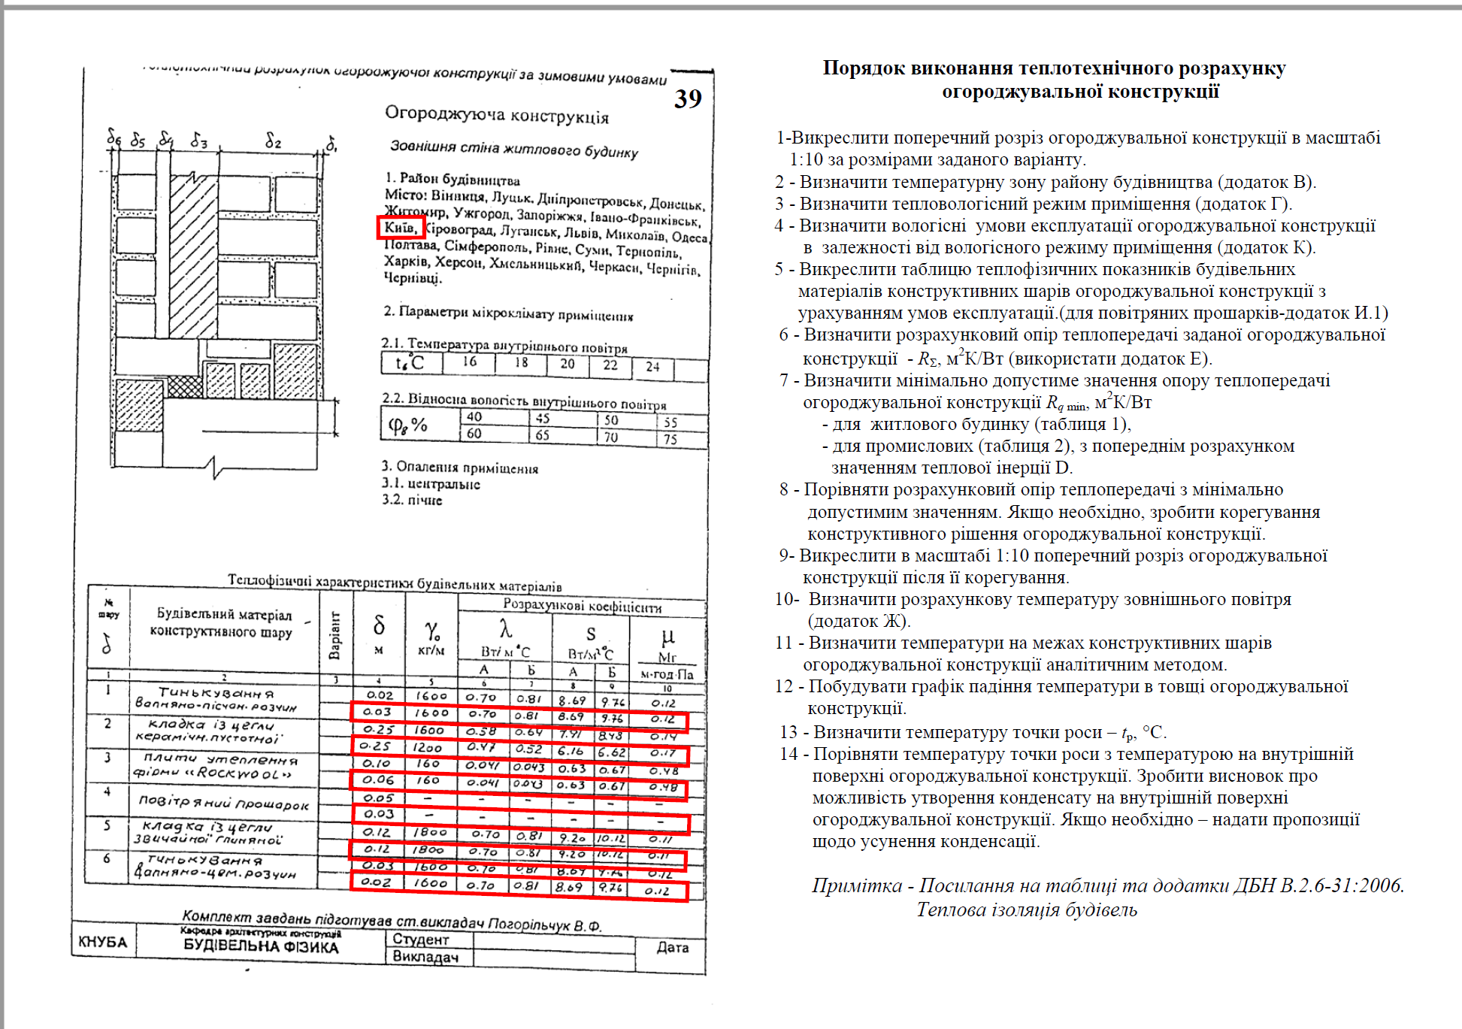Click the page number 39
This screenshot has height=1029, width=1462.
point(688,98)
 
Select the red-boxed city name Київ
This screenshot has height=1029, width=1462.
point(400,227)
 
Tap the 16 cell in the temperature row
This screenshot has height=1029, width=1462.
point(470,362)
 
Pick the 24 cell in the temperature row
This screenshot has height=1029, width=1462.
point(652,367)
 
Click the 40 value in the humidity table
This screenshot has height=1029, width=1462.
point(474,416)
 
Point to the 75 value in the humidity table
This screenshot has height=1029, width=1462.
point(670,440)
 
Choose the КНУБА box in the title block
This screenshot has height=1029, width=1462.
point(103,942)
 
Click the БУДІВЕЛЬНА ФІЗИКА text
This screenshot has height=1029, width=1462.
point(261,946)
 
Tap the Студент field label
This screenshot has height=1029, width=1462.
point(421,940)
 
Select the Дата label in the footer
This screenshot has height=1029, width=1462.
point(672,947)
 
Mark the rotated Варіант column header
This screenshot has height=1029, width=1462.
point(335,635)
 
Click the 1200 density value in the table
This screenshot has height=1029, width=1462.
point(427,747)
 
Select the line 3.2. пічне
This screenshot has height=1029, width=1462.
point(412,500)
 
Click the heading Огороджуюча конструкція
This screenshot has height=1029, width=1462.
point(497,115)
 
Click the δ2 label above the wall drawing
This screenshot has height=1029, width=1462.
point(273,141)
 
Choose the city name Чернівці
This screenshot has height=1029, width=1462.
point(413,278)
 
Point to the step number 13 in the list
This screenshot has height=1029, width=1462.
point(789,732)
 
